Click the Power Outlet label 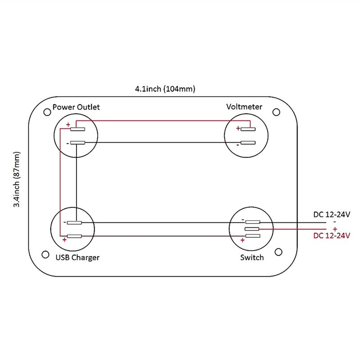point(76,107)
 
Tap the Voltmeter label point(244,107)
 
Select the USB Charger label point(77,257)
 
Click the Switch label point(252,257)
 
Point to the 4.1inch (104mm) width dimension point(165,89)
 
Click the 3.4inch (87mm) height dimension point(17,180)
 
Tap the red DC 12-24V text point(332,235)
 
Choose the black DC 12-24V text point(332,215)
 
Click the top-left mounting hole point(46,111)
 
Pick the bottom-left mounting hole point(45,255)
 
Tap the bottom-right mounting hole point(279,252)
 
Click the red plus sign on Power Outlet point(68,125)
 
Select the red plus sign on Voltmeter point(238,128)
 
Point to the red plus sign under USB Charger point(65,240)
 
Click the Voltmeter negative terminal point(248,143)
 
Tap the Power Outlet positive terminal point(77,130)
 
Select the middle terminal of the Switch point(252,229)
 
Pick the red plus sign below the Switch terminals point(243,241)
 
